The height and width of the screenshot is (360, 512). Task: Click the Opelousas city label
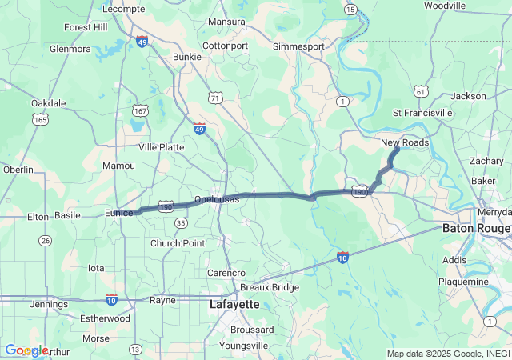(216, 198)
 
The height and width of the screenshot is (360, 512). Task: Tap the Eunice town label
(119, 213)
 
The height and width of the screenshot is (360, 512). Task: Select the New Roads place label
(404, 142)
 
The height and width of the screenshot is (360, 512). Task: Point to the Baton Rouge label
(475, 228)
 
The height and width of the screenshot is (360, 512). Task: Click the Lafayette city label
(234, 304)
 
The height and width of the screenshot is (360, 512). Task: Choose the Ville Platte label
(161, 147)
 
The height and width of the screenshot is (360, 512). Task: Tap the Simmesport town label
(298, 46)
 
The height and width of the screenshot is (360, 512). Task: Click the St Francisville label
(423, 113)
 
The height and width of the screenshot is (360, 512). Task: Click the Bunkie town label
(187, 57)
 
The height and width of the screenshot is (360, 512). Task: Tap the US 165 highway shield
(39, 119)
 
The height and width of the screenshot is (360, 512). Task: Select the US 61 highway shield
(421, 91)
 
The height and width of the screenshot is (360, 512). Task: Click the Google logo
(26, 350)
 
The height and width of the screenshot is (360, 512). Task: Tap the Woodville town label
(445, 6)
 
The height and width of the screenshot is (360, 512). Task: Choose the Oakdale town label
(48, 103)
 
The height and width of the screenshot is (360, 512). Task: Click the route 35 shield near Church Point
(181, 223)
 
